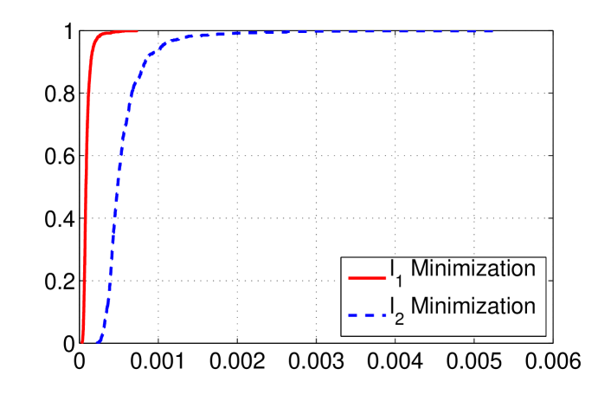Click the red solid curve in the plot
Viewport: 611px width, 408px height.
click(x=86, y=173)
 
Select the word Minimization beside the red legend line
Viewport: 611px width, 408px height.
click(x=473, y=269)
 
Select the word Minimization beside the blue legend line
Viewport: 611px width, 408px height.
click(x=473, y=306)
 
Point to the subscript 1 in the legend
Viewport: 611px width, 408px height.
click(x=399, y=282)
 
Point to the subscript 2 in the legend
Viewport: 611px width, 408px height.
click(x=399, y=319)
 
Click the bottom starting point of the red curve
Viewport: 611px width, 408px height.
click(x=82, y=341)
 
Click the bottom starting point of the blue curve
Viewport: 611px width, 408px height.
click(x=98, y=341)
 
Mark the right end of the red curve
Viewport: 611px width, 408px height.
click(x=138, y=31)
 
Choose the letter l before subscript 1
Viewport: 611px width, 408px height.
click(x=392, y=269)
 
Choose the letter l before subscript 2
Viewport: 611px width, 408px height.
click(x=392, y=306)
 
